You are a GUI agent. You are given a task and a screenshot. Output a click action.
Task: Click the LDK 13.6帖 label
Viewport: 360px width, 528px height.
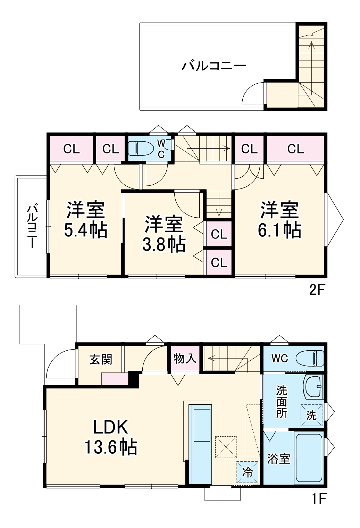pyautogui.click(x=111, y=437)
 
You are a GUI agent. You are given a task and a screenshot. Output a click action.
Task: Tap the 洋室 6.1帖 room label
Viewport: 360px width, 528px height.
pyautogui.click(x=279, y=220)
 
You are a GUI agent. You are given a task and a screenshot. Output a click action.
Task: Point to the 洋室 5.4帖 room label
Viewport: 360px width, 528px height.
pyautogui.click(x=86, y=220)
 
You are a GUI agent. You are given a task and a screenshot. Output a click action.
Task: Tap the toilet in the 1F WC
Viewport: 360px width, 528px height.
pyautogui.click(x=310, y=358)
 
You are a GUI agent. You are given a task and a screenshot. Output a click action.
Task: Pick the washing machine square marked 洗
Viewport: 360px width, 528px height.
pyautogui.click(x=311, y=415)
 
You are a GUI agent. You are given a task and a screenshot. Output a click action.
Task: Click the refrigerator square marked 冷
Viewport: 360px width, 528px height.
pyautogui.click(x=248, y=472)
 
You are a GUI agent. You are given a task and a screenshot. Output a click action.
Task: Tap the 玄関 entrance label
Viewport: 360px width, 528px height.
pyautogui.click(x=101, y=359)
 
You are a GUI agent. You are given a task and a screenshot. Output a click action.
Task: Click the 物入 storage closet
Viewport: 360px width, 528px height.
pyautogui.click(x=185, y=358)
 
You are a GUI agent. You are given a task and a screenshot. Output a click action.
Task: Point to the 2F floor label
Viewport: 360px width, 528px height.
pyautogui.click(x=317, y=290)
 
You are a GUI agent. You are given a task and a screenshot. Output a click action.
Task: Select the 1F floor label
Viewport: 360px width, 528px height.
pyautogui.click(x=318, y=499)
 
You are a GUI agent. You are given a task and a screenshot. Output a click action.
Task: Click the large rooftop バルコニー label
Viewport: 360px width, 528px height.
pyautogui.click(x=214, y=65)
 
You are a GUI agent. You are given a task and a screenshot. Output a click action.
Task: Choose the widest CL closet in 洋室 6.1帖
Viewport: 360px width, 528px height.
pyautogui.click(x=295, y=149)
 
